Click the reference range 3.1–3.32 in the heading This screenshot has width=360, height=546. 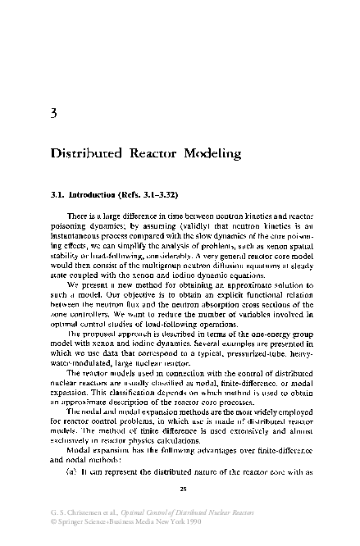click(166, 194)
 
